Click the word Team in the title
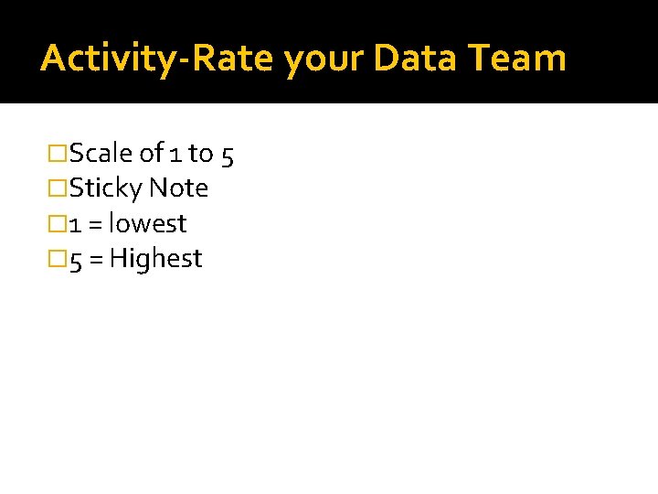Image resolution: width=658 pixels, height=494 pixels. (x=517, y=58)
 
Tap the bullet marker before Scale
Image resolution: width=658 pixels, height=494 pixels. (x=58, y=153)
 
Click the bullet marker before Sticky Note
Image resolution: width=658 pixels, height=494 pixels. (x=58, y=188)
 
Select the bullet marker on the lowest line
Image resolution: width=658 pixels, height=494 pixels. (x=58, y=224)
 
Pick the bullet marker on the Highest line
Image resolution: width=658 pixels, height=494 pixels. (x=58, y=260)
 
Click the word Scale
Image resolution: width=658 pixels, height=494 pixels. (x=101, y=153)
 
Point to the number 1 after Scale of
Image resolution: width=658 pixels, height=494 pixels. (x=174, y=154)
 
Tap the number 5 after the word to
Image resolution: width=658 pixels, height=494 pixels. (x=227, y=155)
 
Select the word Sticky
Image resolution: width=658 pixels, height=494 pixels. (x=106, y=189)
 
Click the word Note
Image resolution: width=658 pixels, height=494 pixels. (x=179, y=188)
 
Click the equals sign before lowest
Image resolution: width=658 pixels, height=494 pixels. (x=95, y=225)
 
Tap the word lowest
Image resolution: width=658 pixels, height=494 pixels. (x=147, y=224)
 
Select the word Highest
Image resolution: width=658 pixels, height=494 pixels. (x=155, y=260)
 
